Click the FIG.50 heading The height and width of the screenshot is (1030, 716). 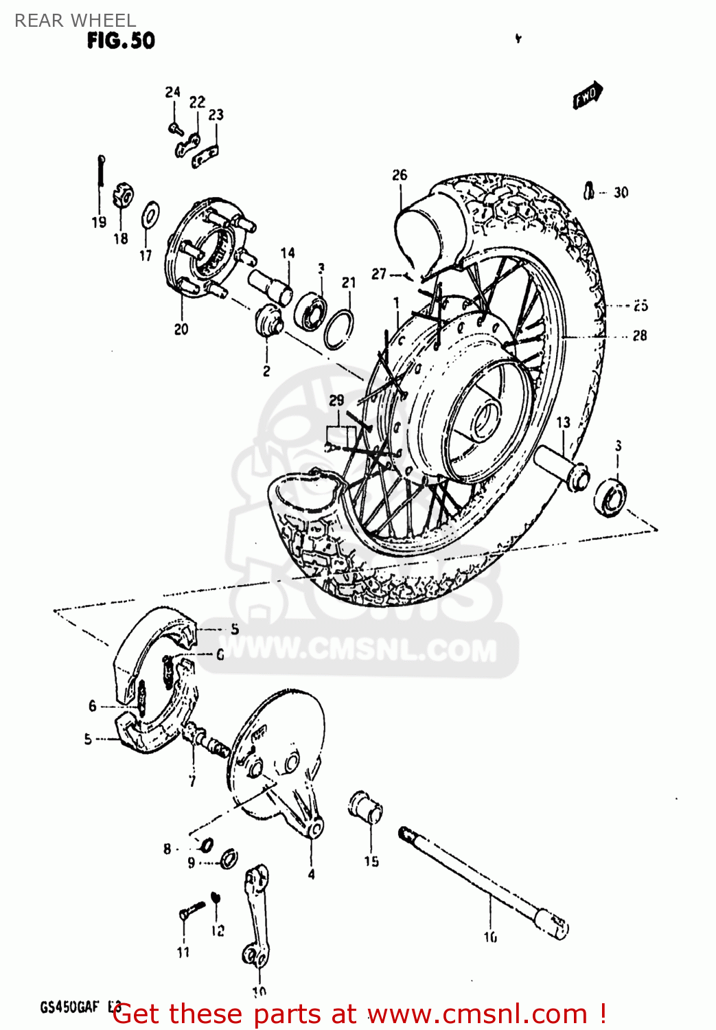121,41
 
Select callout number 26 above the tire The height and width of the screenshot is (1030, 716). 400,175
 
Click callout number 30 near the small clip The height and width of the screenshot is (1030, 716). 621,193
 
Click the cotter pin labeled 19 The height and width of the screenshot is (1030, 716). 101,172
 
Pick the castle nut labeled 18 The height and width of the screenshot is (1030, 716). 123,195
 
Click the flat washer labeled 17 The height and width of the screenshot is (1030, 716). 150,215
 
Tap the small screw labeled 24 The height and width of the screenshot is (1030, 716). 174,127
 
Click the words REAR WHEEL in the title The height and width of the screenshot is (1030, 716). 75,20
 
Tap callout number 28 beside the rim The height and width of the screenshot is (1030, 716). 639,336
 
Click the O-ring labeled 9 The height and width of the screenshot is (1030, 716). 229,858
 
